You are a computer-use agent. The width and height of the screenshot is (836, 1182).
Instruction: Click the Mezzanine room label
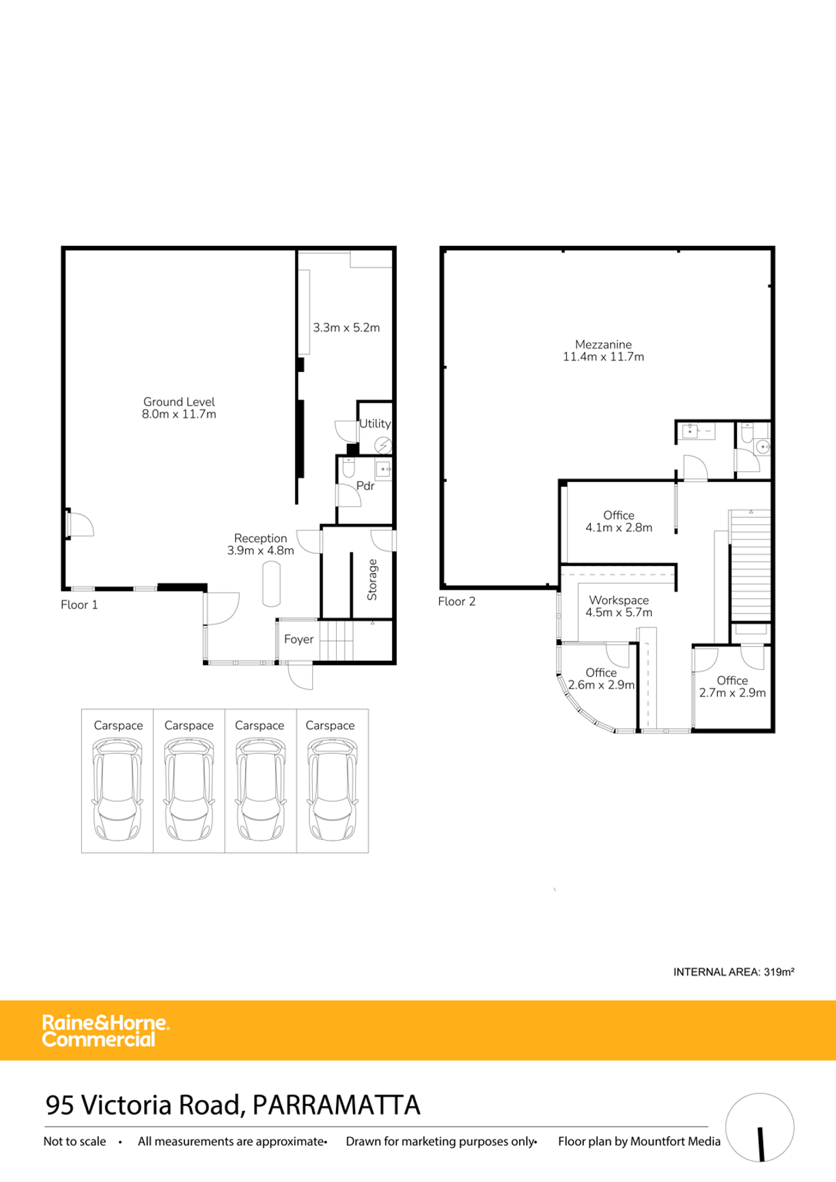pyautogui.click(x=603, y=345)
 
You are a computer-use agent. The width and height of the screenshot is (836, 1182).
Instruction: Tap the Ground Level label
pyautogui.click(x=179, y=402)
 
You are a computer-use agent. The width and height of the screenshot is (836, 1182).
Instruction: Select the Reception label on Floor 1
pyautogui.click(x=260, y=538)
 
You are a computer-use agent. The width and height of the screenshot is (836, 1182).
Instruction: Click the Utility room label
pyautogui.click(x=375, y=423)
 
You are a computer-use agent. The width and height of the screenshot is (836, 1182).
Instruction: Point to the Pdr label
pyautogui.click(x=365, y=486)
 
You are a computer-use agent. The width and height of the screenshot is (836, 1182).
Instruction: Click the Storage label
pyautogui.click(x=372, y=580)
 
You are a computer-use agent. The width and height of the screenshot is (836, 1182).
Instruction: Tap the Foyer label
pyautogui.click(x=298, y=639)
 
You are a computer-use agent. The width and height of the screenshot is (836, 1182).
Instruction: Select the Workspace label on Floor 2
pyautogui.click(x=619, y=600)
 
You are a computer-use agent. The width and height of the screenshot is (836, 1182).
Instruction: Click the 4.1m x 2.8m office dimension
pyautogui.click(x=619, y=527)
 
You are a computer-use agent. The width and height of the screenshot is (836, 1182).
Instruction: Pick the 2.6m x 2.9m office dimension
pyautogui.click(x=601, y=685)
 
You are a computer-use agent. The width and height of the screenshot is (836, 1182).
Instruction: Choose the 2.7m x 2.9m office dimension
pyautogui.click(x=732, y=692)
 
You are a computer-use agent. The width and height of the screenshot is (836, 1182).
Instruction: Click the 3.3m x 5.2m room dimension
pyautogui.click(x=346, y=328)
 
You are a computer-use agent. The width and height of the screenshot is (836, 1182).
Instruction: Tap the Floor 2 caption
pyautogui.click(x=457, y=602)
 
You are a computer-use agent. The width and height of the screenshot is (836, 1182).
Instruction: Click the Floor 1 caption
pyautogui.click(x=79, y=605)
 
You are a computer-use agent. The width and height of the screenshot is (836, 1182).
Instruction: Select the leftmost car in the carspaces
pyautogui.click(x=117, y=789)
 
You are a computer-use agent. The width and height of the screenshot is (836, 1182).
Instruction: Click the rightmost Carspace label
pyautogui.click(x=330, y=725)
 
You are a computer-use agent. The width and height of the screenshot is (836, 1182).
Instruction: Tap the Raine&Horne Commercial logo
pyautogui.click(x=105, y=1031)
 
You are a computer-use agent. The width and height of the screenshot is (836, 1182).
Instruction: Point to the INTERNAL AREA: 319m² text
pyautogui.click(x=734, y=972)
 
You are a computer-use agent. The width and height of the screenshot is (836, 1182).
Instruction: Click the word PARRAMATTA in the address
pyautogui.click(x=336, y=1105)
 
